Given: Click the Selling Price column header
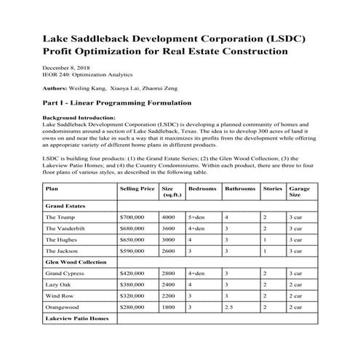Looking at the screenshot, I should pos(137,188).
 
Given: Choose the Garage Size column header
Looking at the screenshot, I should pos(299,192).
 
